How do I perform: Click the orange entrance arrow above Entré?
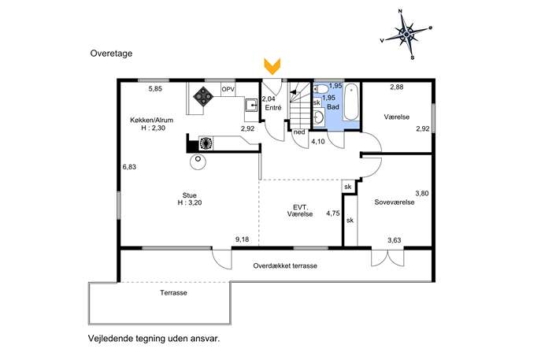(x=272, y=66)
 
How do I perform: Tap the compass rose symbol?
(x=407, y=34)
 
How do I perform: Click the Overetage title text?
(x=111, y=54)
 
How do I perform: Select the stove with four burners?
(x=203, y=95)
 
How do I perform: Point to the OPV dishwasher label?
(x=228, y=89)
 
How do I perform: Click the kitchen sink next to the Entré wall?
(x=251, y=105)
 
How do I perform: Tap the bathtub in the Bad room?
(x=351, y=102)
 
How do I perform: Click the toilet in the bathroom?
(x=321, y=89)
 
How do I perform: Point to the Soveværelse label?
(x=395, y=202)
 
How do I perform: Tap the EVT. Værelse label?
(x=300, y=210)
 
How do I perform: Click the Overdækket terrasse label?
(x=285, y=265)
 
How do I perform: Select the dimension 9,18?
(x=243, y=239)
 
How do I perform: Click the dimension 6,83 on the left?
(x=129, y=167)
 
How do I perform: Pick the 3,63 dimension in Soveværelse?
(x=395, y=240)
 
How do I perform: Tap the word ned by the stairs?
(x=299, y=132)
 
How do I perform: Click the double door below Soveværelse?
(x=387, y=257)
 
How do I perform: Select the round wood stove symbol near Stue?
(x=198, y=161)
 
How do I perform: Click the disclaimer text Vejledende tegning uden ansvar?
(x=154, y=339)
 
